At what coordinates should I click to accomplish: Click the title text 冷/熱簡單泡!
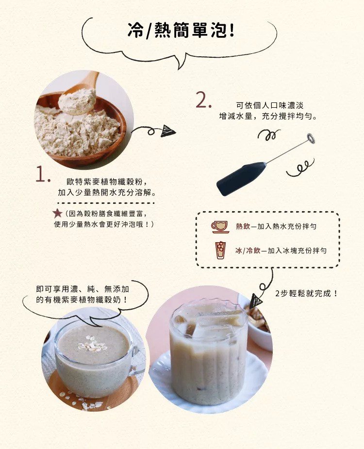(181, 30)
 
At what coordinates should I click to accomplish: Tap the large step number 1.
(43, 174)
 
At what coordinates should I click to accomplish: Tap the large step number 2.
(204, 100)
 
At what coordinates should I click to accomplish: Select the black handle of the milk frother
(241, 179)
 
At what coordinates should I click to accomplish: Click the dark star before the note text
(57, 213)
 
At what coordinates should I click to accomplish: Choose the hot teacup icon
(220, 227)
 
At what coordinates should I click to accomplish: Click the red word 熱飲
(243, 227)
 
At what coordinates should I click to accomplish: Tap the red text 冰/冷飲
(248, 251)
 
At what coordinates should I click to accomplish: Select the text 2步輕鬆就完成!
(306, 294)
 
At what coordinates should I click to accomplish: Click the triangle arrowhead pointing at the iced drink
(255, 301)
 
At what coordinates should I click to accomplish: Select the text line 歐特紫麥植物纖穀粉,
(107, 182)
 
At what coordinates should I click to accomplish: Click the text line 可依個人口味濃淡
(269, 105)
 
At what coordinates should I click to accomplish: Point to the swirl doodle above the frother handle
(269, 134)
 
